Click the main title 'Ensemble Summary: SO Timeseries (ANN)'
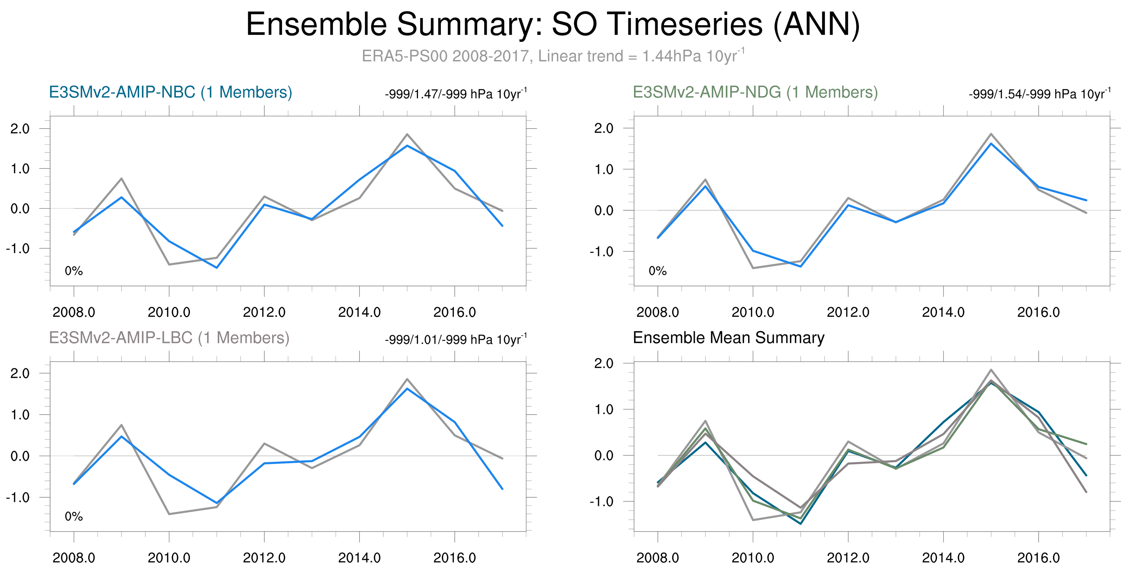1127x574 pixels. pyautogui.click(x=553, y=25)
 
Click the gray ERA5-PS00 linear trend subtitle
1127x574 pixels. pyautogui.click(x=553, y=56)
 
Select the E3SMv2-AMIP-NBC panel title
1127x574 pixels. pyautogui.click(x=171, y=92)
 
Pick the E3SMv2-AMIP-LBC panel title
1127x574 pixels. pyautogui.click(x=169, y=338)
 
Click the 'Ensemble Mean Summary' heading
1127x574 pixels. pyautogui.click(x=729, y=337)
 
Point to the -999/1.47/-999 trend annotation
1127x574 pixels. pyautogui.click(x=456, y=94)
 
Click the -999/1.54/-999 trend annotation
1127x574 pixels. pyautogui.click(x=1039, y=94)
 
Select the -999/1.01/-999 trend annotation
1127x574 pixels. pyautogui.click(x=456, y=339)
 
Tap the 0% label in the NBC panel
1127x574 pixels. pyautogui.click(x=73, y=271)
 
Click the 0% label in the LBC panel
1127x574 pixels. pyautogui.click(x=73, y=517)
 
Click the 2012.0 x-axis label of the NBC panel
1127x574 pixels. pyautogui.click(x=264, y=312)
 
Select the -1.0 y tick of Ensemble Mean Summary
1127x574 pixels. pyautogui.click(x=601, y=501)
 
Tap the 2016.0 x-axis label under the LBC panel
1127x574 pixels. pyautogui.click(x=455, y=558)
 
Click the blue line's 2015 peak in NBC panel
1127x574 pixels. pyautogui.click(x=407, y=146)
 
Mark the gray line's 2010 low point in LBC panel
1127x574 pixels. pyautogui.click(x=169, y=514)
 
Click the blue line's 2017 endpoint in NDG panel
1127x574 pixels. pyautogui.click(x=1086, y=200)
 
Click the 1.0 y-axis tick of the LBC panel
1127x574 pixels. pyautogui.click(x=20, y=415)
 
